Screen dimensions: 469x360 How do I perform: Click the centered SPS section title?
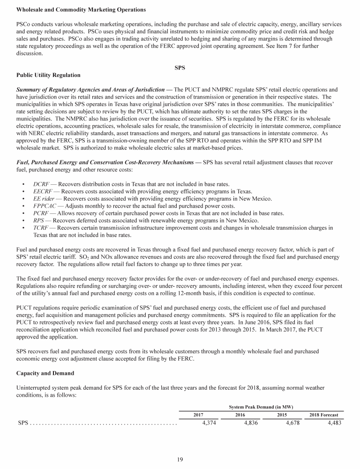tap(180, 68)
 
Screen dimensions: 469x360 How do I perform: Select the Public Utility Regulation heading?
tap(48, 75)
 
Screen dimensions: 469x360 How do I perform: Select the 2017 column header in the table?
tap(198, 415)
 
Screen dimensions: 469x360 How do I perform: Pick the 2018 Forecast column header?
tap(324, 415)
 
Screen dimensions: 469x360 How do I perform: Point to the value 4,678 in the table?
tap(290, 423)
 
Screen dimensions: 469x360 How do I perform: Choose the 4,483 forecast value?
tap(332, 423)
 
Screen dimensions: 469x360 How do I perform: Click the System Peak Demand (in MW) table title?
tap(261, 406)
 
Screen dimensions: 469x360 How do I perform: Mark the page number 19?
tap(180, 460)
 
